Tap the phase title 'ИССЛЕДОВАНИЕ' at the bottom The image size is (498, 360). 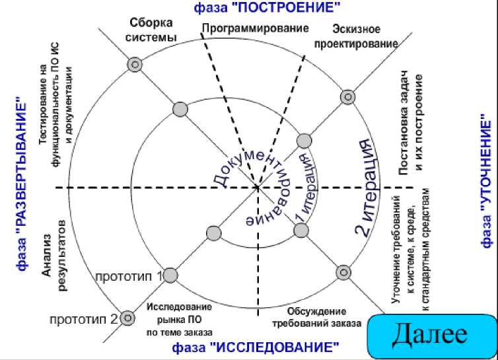tap(256, 347)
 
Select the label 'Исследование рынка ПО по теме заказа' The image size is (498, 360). tap(179, 319)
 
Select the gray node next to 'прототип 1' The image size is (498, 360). tap(170, 275)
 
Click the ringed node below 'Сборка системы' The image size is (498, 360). tap(135, 65)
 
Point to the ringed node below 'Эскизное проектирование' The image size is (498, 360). tap(347, 97)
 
